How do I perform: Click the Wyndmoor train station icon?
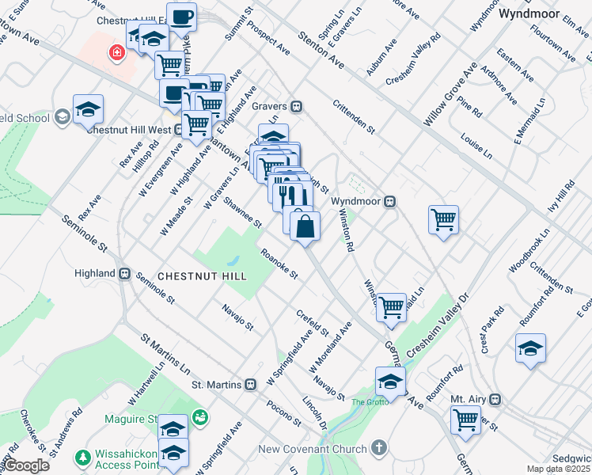click(389, 201)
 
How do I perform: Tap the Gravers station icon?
click(297, 106)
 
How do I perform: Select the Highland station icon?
click(124, 273)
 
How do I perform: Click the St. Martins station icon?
click(250, 385)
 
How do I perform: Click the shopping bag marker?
click(305, 226)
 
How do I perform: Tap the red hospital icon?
click(117, 52)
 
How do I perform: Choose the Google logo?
click(26, 466)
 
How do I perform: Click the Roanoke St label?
click(279, 265)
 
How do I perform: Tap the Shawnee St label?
click(241, 212)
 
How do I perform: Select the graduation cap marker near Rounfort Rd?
click(529, 349)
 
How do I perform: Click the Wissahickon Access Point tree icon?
click(82, 458)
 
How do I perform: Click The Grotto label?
click(370, 402)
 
